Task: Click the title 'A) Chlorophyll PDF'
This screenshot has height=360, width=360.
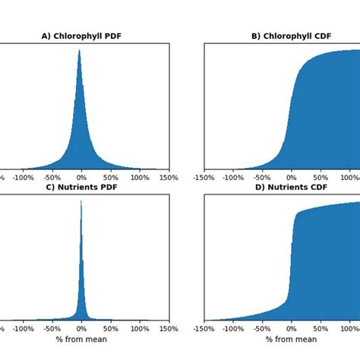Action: [x=81, y=36]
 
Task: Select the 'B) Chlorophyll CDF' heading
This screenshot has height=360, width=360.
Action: [x=291, y=36]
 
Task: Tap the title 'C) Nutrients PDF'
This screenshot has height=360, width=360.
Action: [x=81, y=187]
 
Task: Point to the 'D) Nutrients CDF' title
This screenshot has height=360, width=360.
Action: [x=292, y=187]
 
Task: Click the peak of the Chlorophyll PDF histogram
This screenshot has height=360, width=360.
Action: [x=80, y=50]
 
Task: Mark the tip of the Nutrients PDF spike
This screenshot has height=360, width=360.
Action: [x=81, y=201]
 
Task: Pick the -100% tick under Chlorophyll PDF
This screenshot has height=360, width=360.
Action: [x=23, y=178]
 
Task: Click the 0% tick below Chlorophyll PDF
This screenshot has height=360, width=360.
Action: [x=81, y=178]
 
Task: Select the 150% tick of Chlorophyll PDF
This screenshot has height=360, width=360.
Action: [x=169, y=178]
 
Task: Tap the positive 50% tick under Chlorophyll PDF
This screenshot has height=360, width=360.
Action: [x=111, y=178]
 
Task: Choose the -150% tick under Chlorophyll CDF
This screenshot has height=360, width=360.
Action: [x=204, y=178]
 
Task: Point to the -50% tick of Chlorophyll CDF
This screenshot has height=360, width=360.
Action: [x=263, y=178]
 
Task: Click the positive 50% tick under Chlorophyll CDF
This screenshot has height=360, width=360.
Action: [x=321, y=178]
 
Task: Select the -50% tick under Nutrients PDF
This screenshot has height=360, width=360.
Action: [x=52, y=329]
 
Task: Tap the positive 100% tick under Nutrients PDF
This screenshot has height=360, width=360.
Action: [x=140, y=329]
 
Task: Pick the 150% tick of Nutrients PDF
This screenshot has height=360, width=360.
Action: [x=169, y=329]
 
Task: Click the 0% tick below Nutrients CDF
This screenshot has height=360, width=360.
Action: [x=292, y=329]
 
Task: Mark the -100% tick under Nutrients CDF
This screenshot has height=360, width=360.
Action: [x=233, y=329]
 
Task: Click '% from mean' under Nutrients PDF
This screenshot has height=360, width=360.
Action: [x=81, y=339]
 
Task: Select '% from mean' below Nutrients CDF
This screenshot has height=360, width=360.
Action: [x=292, y=339]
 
